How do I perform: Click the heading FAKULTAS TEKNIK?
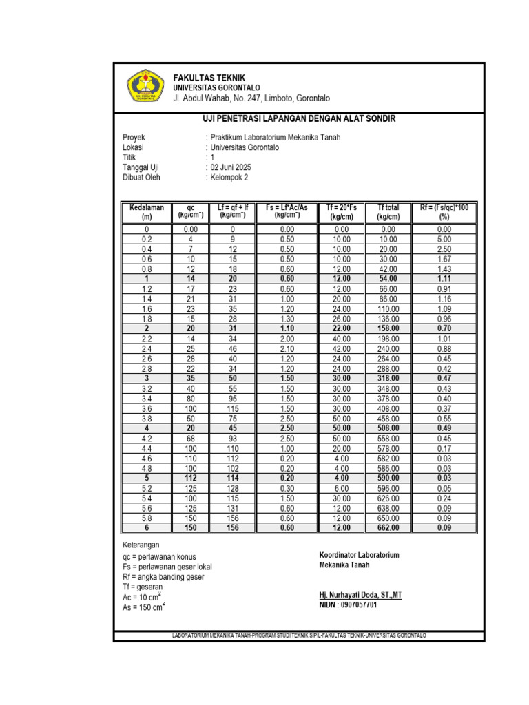(209, 78)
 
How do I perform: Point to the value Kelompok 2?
(229, 178)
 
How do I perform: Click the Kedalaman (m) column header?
(146, 211)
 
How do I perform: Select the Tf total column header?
(388, 211)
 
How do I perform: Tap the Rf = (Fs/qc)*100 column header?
(444, 211)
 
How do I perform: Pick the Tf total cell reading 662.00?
(388, 528)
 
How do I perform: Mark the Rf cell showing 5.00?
(444, 239)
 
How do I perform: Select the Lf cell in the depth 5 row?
(233, 478)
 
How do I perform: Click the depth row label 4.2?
(146, 439)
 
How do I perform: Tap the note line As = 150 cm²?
(143, 607)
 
